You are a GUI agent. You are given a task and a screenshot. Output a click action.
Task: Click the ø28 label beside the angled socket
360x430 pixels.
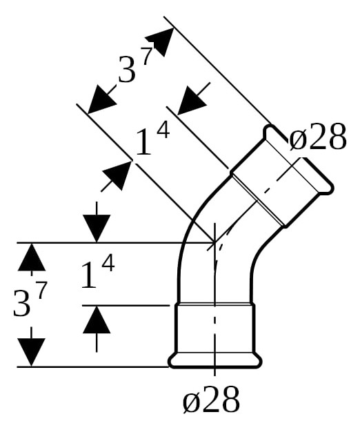[x=318, y=137]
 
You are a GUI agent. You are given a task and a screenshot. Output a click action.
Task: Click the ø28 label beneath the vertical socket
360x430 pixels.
[x=211, y=399]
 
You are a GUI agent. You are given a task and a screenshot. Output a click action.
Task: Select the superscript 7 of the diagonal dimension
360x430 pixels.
[x=147, y=56]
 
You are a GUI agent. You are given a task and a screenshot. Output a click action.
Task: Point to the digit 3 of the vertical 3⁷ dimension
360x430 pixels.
[x=21, y=304]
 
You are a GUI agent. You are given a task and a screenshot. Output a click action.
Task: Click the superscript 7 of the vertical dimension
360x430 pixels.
[x=41, y=291]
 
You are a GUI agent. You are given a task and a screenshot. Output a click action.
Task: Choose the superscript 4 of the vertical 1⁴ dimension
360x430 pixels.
[x=108, y=262]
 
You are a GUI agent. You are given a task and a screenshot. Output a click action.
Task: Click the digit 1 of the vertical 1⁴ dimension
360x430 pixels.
[x=89, y=275]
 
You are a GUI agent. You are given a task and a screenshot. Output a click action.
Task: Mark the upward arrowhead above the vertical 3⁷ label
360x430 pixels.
[x=32, y=257]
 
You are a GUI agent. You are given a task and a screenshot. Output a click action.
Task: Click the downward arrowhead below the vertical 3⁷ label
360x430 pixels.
[x=31, y=352]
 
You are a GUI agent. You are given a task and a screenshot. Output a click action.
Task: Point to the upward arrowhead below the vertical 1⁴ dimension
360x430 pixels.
[x=97, y=320]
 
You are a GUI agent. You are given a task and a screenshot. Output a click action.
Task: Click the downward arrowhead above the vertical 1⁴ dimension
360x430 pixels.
[x=97, y=228]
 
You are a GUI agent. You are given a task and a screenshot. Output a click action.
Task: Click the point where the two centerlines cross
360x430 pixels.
[x=214, y=242]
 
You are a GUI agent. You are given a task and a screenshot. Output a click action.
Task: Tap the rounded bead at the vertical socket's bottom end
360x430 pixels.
[x=215, y=361]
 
